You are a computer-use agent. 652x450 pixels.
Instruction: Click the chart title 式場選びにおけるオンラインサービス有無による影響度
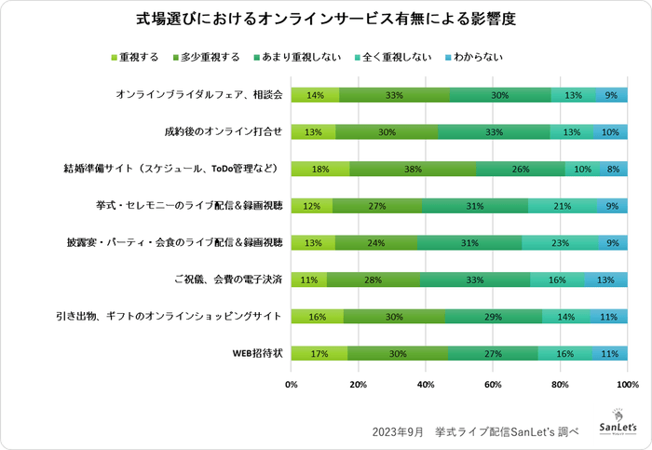pos(326,19)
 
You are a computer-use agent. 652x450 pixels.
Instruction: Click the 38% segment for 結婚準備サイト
pos(413,169)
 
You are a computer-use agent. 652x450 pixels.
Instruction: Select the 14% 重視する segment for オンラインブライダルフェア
pos(315,95)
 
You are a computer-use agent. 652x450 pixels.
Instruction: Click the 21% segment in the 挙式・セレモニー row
pos(563,206)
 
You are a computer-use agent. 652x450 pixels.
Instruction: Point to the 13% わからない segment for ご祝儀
pos(605,280)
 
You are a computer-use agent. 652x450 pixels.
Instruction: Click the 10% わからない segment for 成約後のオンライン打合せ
pos(610,131)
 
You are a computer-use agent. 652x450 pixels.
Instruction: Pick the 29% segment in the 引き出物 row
pos(493,317)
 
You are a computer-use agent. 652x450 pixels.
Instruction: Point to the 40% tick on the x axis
pos(426,384)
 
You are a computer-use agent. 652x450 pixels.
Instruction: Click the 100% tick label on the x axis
pos(627,384)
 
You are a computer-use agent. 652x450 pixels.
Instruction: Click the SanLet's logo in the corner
pos(618,421)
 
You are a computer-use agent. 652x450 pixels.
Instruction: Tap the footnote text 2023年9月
pos(398,432)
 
